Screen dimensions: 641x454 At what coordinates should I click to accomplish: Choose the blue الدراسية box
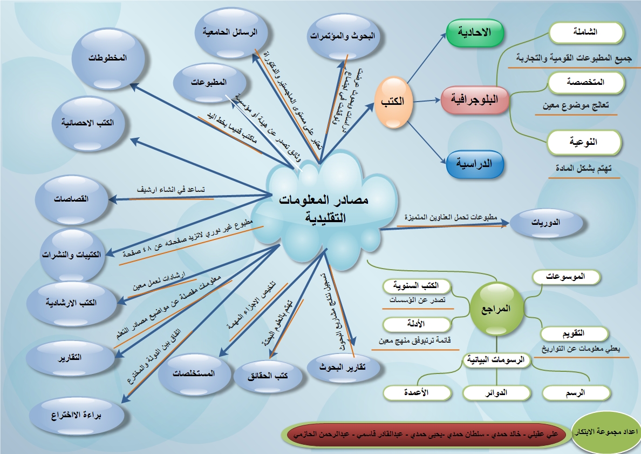(x=475, y=163)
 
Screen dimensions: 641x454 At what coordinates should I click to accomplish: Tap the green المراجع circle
(x=495, y=310)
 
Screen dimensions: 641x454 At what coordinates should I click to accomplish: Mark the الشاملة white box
(x=586, y=32)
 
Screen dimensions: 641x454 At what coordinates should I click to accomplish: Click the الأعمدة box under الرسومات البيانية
(x=416, y=393)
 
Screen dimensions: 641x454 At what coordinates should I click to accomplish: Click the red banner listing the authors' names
(x=426, y=434)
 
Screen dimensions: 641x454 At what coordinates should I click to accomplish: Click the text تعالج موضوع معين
(x=576, y=105)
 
